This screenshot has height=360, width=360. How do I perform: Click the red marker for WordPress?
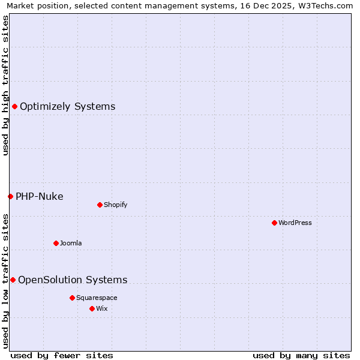(x=274, y=223)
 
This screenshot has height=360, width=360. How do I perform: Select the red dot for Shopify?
(x=100, y=205)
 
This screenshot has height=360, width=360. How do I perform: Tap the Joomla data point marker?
(x=56, y=243)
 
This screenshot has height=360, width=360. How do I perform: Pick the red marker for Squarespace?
(x=72, y=298)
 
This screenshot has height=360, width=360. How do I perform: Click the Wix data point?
(x=92, y=308)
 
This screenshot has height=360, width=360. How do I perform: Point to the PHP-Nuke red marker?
(x=10, y=196)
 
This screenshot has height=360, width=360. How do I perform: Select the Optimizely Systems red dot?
(x=14, y=106)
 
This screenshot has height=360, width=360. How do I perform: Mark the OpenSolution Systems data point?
(x=13, y=280)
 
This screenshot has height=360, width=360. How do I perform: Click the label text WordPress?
(x=295, y=223)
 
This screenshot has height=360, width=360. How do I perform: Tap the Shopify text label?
(x=116, y=205)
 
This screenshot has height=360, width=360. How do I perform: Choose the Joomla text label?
(x=71, y=243)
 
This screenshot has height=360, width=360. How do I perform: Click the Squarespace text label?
(x=97, y=298)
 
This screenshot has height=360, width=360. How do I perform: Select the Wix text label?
(x=102, y=308)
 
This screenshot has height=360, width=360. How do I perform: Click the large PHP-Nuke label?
(x=40, y=196)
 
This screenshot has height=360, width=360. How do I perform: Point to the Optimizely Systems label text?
(x=68, y=106)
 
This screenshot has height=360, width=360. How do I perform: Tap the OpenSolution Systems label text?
(x=73, y=280)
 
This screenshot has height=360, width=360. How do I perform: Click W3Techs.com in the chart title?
(x=327, y=6)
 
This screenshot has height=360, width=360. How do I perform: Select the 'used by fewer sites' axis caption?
(x=62, y=355)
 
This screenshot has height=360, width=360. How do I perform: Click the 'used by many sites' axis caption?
(x=301, y=355)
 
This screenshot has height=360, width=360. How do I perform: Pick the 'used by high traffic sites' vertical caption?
(x=5, y=85)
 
